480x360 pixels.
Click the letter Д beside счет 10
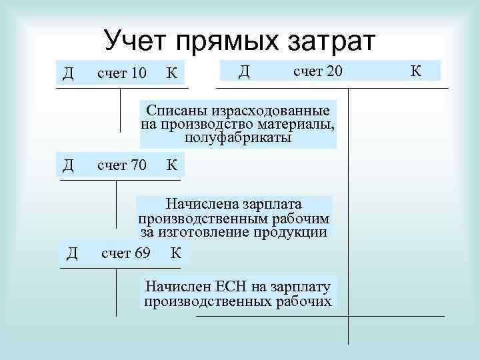click(x=67, y=72)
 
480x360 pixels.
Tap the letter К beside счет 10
click(x=172, y=72)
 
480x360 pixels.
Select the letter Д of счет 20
click(x=244, y=70)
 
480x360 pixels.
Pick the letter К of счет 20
click(x=415, y=70)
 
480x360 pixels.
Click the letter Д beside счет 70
click(x=67, y=165)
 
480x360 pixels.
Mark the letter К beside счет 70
click(x=172, y=165)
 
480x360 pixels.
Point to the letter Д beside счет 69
click(x=72, y=253)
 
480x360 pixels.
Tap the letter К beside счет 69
click(x=177, y=253)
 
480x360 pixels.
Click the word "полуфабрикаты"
click(x=238, y=138)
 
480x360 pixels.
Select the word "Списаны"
click(x=176, y=110)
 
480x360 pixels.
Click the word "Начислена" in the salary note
click(x=200, y=203)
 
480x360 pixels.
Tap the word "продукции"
click(x=296, y=232)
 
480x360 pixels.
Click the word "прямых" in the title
click(x=227, y=41)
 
